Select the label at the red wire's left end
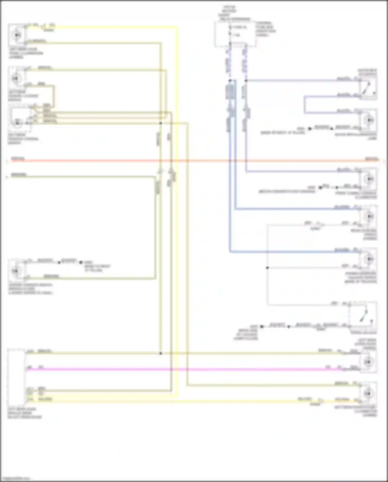pos(18,159)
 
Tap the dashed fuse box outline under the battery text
pos(235,34)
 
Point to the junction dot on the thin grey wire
pos(267,268)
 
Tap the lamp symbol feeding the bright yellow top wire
pos(17,34)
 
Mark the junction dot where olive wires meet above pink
pos(161,353)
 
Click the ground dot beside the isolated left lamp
pos(81,262)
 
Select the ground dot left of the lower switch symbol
pos(262,327)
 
